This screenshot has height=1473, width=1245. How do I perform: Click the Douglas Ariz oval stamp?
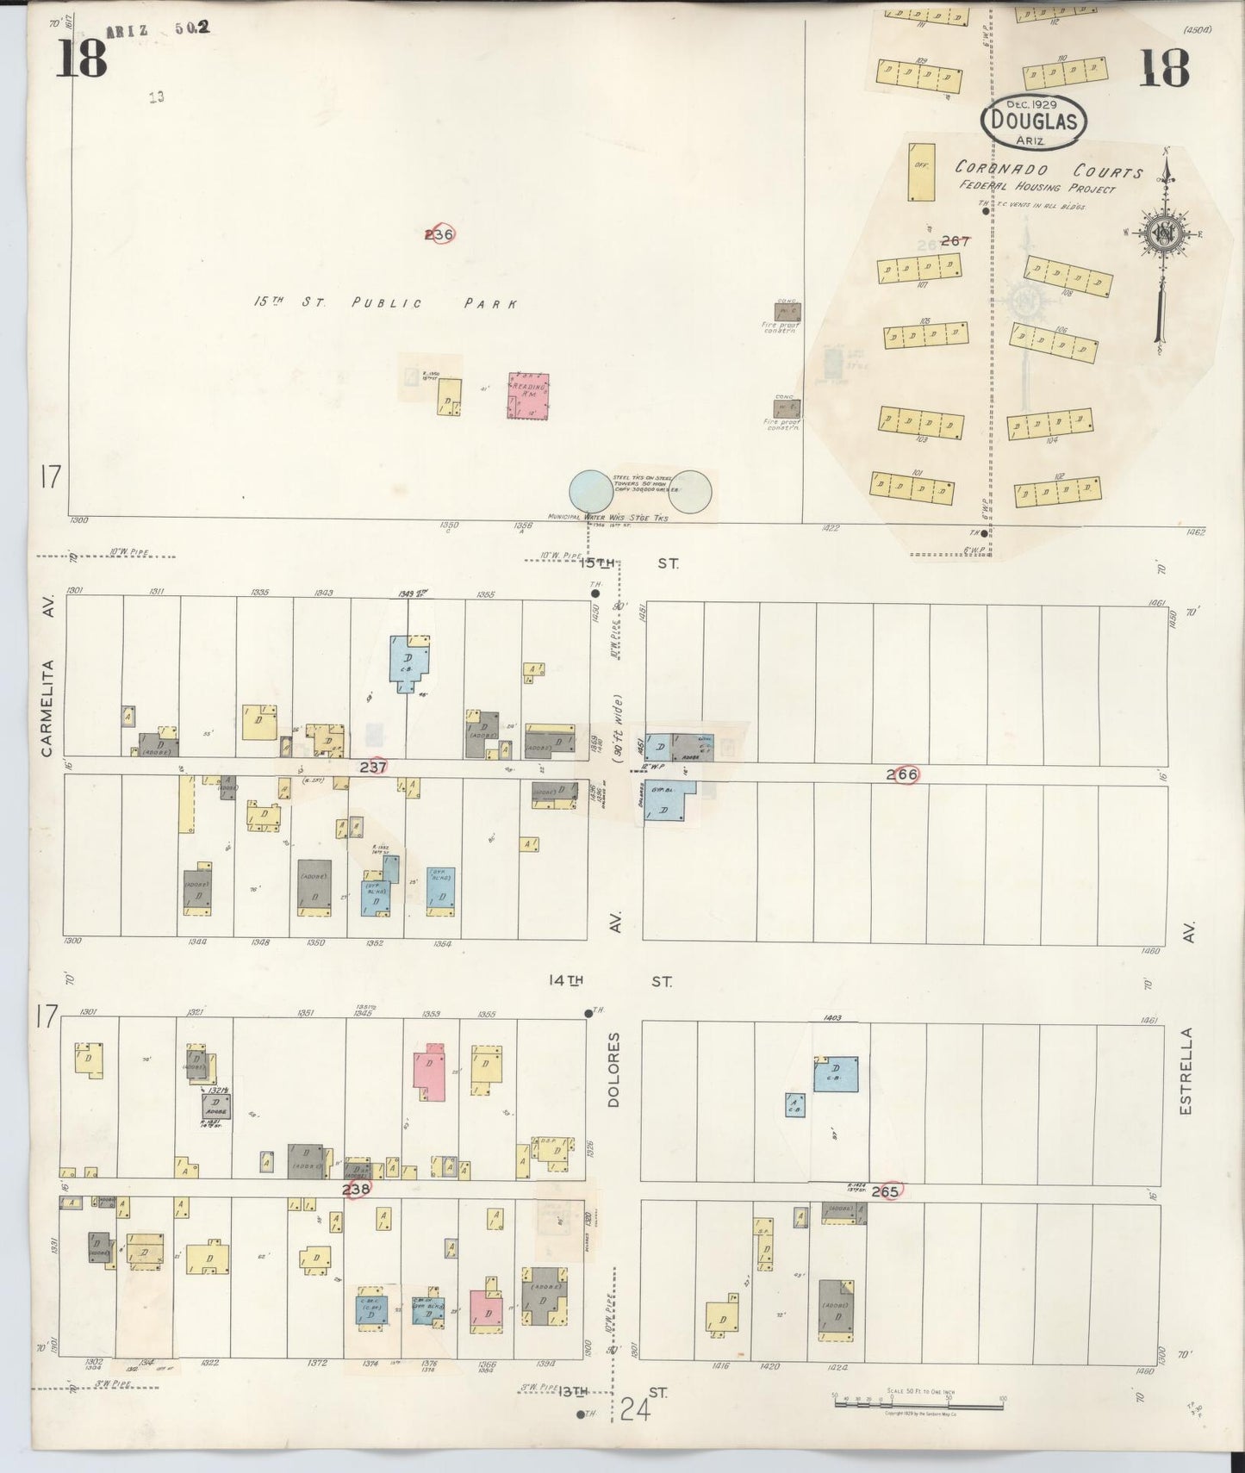click(1034, 121)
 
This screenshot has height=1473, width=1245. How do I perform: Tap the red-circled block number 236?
click(439, 233)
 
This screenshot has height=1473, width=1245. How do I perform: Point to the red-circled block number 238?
click(357, 1190)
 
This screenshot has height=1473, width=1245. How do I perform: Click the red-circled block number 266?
click(904, 774)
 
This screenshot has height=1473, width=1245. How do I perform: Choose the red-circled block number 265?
click(885, 1191)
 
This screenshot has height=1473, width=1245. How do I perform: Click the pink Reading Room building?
click(528, 395)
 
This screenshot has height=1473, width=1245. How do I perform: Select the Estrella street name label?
click(1186, 1071)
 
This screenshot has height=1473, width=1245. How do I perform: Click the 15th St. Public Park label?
click(385, 303)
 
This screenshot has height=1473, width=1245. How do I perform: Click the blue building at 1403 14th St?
click(837, 1073)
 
